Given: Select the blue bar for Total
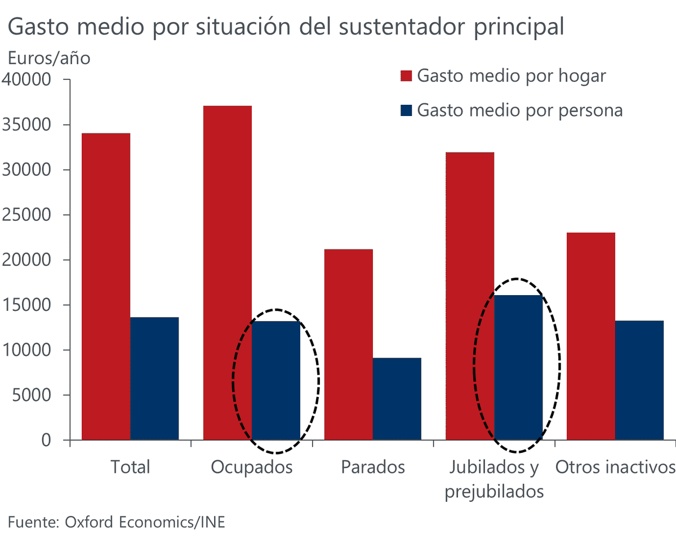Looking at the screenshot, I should (154, 378).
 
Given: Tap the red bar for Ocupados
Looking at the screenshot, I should (228, 273).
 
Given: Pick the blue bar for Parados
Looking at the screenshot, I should (397, 399).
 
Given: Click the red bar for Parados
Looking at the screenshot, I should (348, 344).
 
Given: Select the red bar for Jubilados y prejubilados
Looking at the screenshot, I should (470, 296).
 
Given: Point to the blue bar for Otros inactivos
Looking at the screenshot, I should (639, 380).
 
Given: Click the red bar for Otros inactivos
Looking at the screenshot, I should (591, 336).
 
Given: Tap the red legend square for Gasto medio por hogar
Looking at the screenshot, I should (406, 77).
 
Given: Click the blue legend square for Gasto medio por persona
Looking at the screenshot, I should (406, 110).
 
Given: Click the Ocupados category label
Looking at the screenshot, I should (252, 467).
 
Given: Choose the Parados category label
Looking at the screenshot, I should (372, 467).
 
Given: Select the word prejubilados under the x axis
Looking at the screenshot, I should (494, 492).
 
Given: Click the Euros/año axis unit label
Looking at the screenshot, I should (48, 58).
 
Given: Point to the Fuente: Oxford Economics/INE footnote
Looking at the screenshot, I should (116, 522).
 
